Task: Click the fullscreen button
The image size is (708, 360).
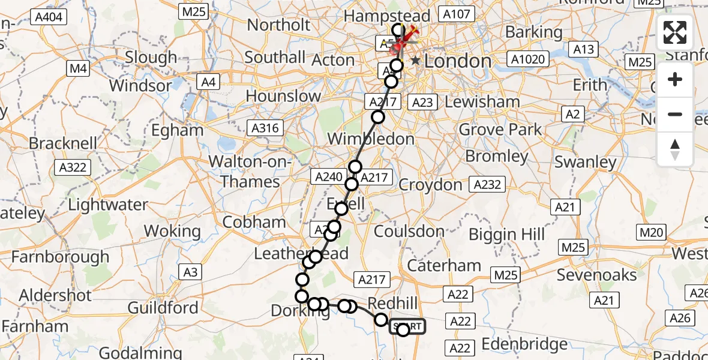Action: pyautogui.click(x=675, y=32)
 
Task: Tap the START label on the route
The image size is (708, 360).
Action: pyautogui.click(x=408, y=327)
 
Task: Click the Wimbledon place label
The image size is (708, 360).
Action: pyautogui.click(x=371, y=139)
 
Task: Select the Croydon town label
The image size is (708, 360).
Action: pyautogui.click(x=430, y=184)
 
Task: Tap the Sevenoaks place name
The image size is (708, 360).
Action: pyautogui.click(x=596, y=275)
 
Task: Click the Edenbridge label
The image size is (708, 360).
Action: pyautogui.click(x=524, y=344)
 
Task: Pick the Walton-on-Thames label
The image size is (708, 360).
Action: pyautogui.click(x=251, y=171)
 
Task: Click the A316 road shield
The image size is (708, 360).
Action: pyautogui.click(x=265, y=127)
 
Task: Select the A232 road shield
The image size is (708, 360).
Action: pyautogui.click(x=487, y=184)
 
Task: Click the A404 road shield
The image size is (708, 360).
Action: pyautogui.click(x=49, y=17)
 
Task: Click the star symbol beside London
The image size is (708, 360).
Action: pyautogui.click(x=415, y=61)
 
